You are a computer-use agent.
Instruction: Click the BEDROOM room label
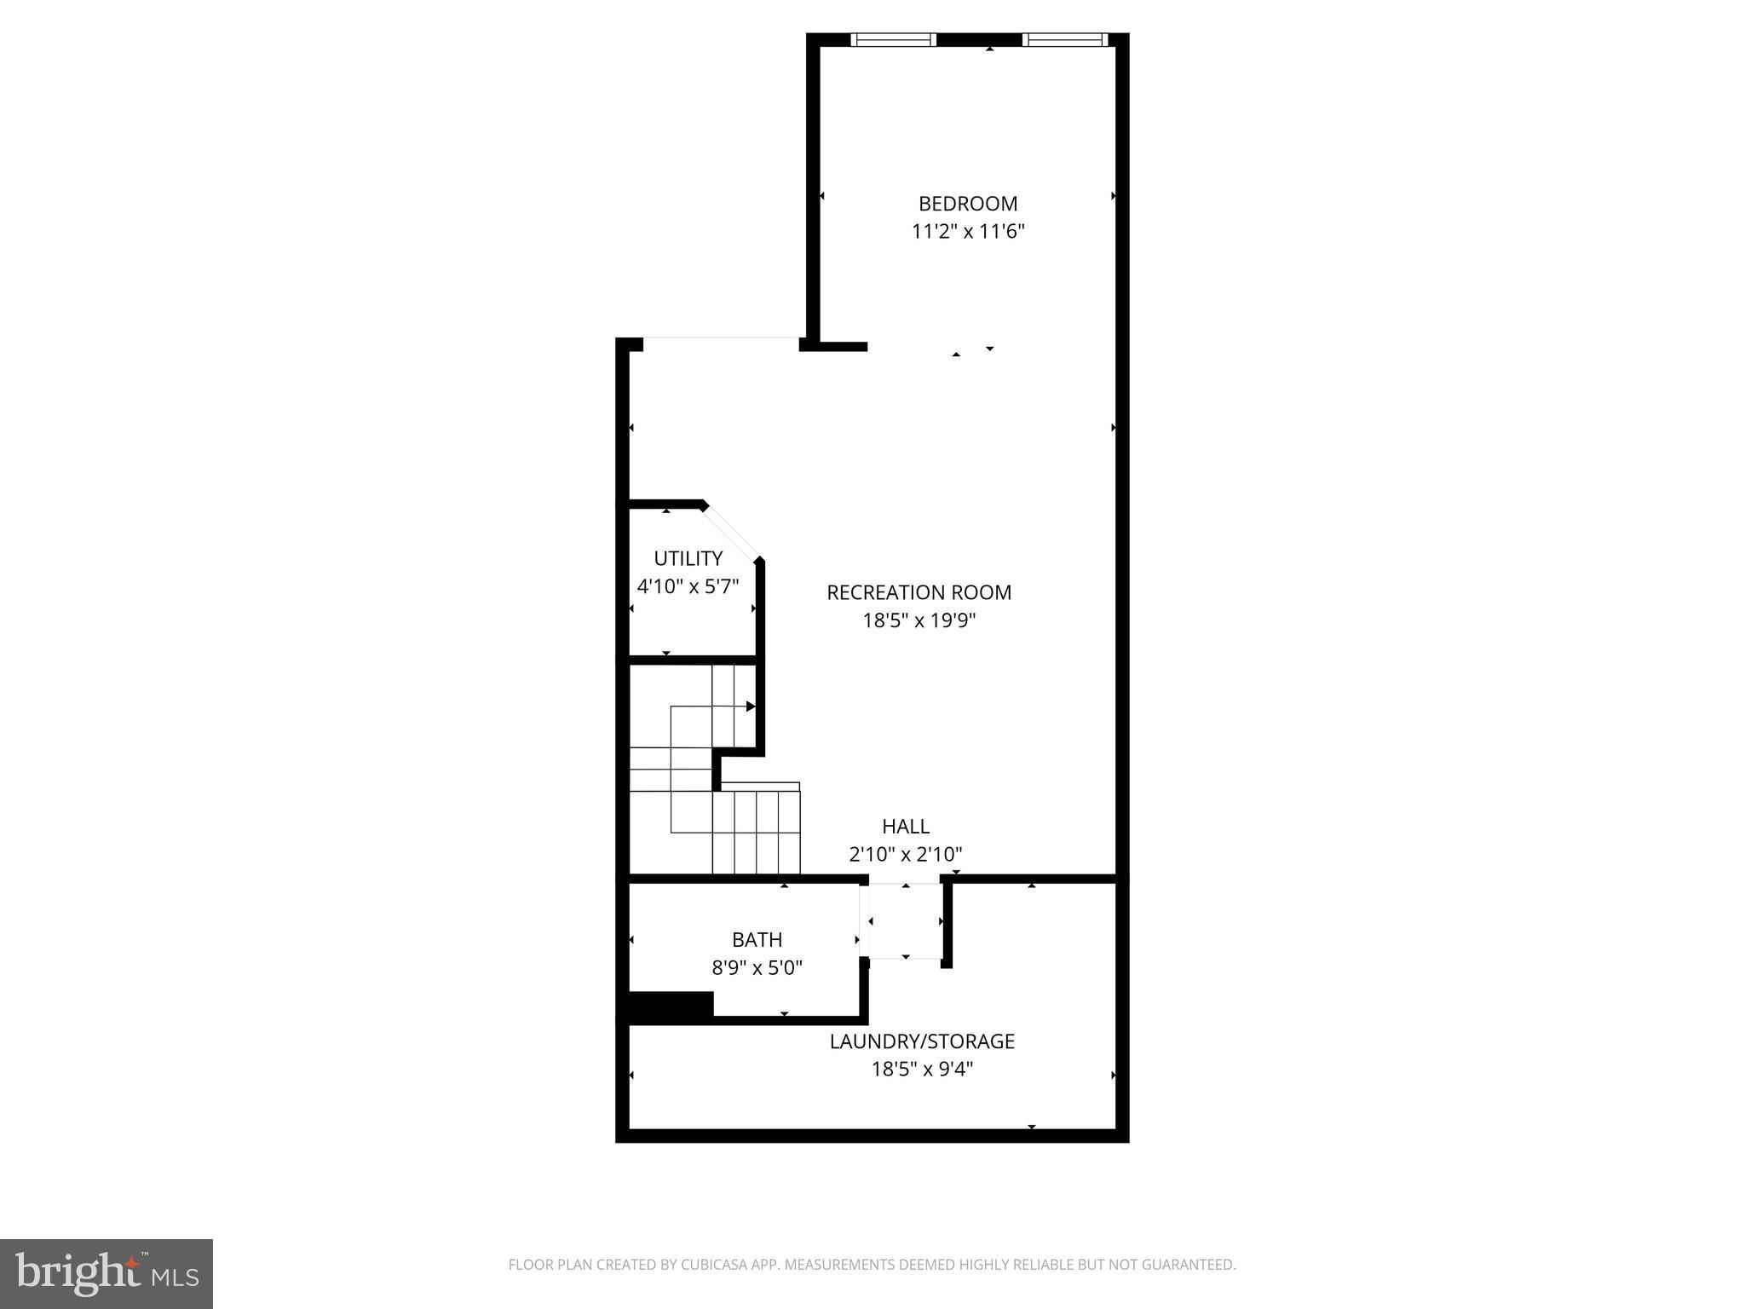point(968,204)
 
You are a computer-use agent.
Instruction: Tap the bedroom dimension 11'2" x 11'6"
point(968,232)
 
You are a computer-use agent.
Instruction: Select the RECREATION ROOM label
point(919,592)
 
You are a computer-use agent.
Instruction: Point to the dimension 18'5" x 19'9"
point(919,620)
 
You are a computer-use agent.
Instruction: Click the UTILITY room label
point(688,558)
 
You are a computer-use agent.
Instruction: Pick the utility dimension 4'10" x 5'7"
point(688,586)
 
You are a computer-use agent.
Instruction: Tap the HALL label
point(905,826)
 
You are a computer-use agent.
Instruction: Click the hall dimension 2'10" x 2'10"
point(905,854)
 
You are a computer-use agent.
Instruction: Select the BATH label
point(757,939)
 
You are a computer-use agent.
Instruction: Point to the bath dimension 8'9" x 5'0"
point(757,968)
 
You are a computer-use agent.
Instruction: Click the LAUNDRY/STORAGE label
point(922,1041)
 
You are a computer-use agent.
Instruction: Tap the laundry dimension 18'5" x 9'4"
point(922,1069)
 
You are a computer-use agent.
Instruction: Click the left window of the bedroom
point(893,39)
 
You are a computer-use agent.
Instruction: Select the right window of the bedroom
point(1063,39)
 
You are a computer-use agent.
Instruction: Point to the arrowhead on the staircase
point(751,706)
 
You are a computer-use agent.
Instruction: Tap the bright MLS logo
point(107,1274)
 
